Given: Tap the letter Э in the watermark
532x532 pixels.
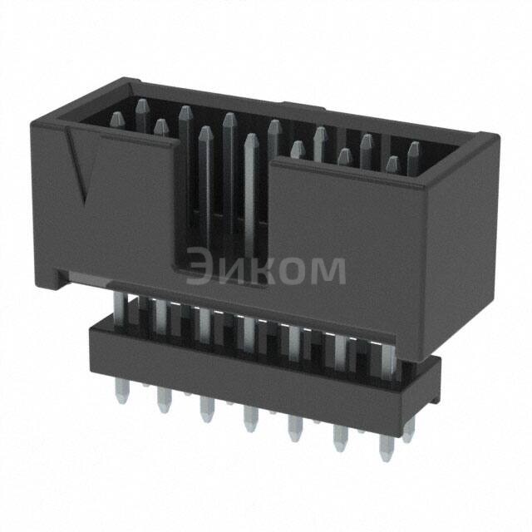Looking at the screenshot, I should tap(200, 268).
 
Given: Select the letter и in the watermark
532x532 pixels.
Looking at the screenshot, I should tap(233, 269).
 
